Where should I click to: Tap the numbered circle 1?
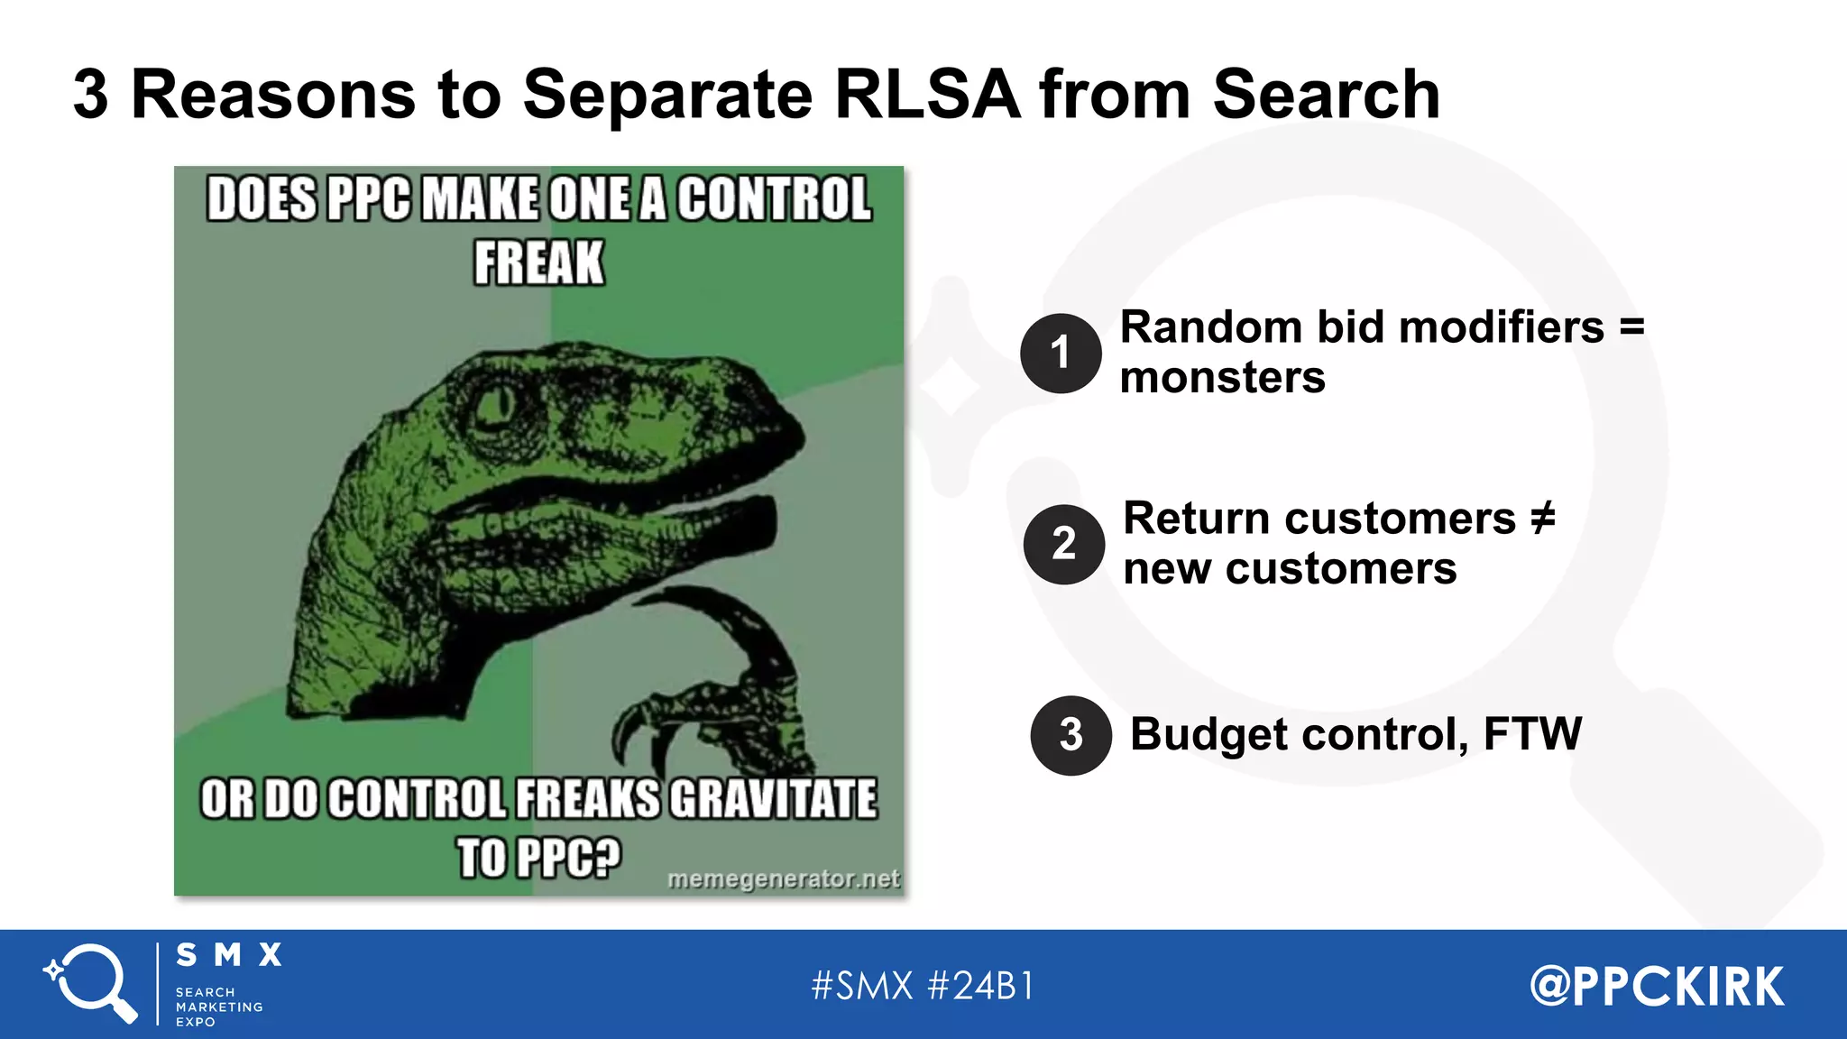(x=1061, y=353)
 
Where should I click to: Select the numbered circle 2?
(x=1064, y=544)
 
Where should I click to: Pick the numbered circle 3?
(x=1071, y=735)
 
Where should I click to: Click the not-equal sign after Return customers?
(x=1543, y=518)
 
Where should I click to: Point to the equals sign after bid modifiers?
(x=1632, y=326)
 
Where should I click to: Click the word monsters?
(x=1222, y=377)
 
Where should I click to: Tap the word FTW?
(x=1532, y=733)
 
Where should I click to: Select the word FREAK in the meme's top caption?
(x=538, y=262)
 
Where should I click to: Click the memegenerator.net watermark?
(x=783, y=878)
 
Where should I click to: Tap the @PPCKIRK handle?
(x=1657, y=986)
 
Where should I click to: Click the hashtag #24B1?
(x=980, y=986)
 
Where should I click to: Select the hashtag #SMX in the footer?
(x=862, y=986)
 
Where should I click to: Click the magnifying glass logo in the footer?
(x=91, y=982)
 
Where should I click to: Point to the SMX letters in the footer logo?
(x=229, y=954)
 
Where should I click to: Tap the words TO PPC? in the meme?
(x=538, y=857)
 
